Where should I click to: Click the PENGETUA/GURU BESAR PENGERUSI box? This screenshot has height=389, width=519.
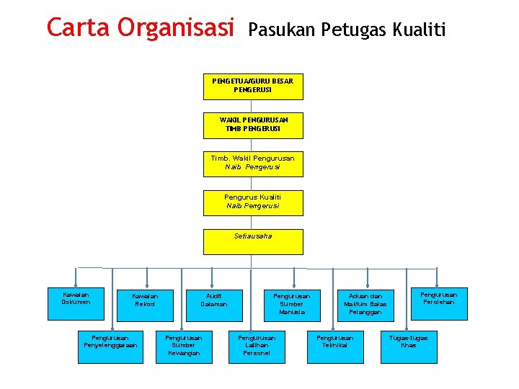tap(252, 86)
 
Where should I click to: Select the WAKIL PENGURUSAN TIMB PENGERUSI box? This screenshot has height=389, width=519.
tap(252, 125)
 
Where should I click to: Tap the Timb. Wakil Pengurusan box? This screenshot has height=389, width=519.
tap(252, 163)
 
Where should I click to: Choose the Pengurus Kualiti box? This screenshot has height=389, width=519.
tap(252, 202)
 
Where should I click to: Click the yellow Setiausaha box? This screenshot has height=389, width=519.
tap(252, 241)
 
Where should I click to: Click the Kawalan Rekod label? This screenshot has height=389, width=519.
tap(145, 300)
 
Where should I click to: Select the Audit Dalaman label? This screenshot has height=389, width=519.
tap(214, 300)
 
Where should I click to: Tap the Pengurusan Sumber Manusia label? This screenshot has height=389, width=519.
tap(291, 304)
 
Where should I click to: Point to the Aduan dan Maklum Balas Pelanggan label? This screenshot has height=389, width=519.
tap(365, 304)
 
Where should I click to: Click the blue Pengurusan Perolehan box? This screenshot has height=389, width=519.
tap(438, 298)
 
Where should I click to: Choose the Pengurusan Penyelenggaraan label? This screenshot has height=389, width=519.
tap(110, 341)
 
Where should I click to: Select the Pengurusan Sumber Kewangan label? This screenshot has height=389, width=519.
tap(185, 345)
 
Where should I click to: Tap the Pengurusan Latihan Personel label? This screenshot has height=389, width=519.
tap(257, 345)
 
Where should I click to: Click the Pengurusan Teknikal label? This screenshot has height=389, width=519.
tap(335, 341)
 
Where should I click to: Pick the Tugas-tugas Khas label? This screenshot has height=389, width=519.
tap(408, 341)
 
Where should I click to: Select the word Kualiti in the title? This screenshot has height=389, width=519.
tap(420, 30)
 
